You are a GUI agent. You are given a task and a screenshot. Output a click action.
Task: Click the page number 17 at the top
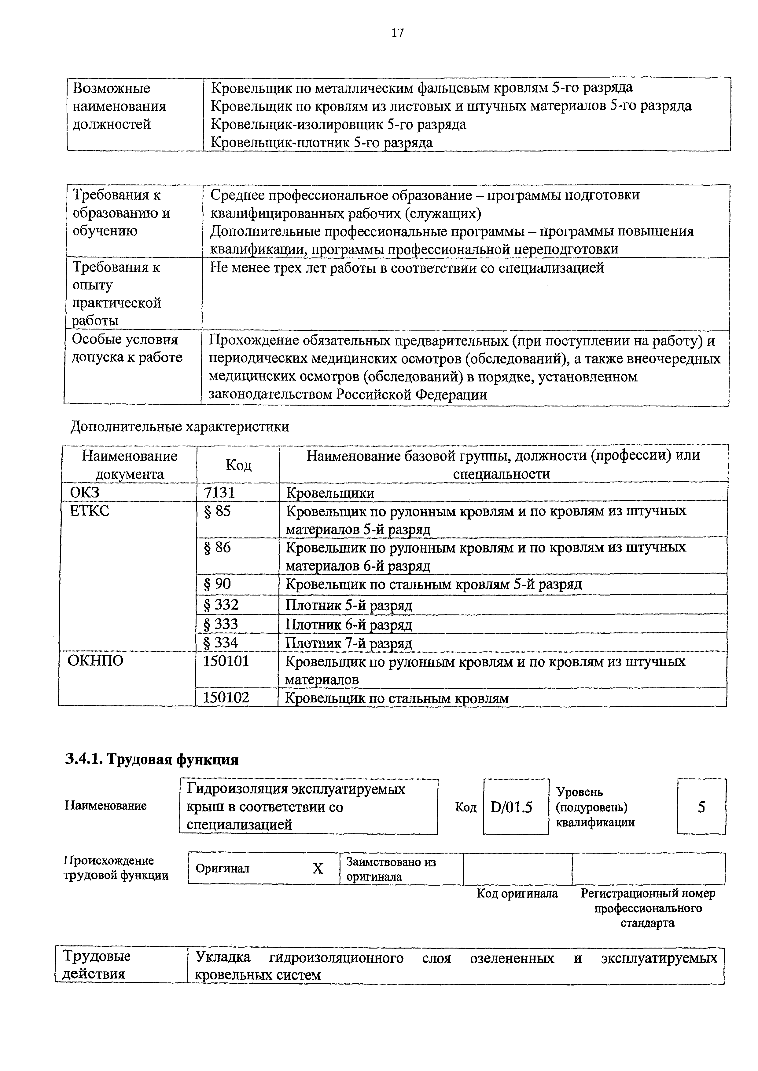(x=397, y=33)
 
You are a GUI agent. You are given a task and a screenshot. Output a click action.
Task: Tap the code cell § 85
(x=218, y=511)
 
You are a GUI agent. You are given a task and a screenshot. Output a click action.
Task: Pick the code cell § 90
(x=218, y=584)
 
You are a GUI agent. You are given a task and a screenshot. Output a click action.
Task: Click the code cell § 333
(x=221, y=624)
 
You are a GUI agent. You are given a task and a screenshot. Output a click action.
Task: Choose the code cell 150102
(x=226, y=698)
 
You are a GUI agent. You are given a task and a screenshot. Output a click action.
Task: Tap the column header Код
(x=238, y=464)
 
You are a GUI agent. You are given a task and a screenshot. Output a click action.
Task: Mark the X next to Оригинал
(x=318, y=869)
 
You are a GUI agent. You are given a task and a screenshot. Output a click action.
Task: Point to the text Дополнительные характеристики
(x=180, y=427)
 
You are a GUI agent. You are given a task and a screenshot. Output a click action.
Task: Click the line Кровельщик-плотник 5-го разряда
(x=322, y=142)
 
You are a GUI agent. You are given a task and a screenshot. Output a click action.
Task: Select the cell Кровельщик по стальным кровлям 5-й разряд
(x=434, y=584)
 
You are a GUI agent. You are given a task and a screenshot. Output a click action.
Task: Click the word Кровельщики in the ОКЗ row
(x=330, y=493)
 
